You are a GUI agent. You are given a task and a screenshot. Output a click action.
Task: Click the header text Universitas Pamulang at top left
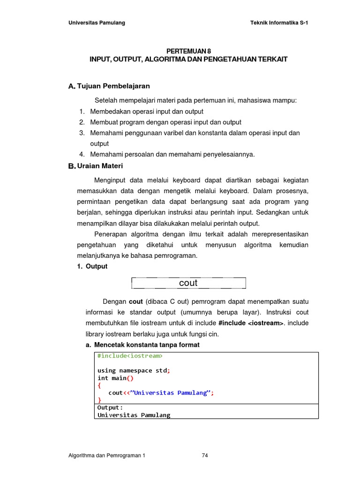coord(97,23)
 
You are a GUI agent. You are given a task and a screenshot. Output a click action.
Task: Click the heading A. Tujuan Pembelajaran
coord(109,86)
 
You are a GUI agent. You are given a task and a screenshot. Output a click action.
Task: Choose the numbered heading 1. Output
coord(92,266)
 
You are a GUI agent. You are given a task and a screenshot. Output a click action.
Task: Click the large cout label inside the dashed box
coord(188,283)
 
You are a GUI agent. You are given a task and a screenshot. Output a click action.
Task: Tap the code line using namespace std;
coord(134,370)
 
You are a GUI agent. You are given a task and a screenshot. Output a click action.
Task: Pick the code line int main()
coord(115,378)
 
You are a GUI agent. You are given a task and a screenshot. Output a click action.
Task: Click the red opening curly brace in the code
coord(99,385)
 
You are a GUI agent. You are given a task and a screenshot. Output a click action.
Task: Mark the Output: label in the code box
coord(110,408)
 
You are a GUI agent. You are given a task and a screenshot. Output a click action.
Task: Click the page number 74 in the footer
coord(205,456)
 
